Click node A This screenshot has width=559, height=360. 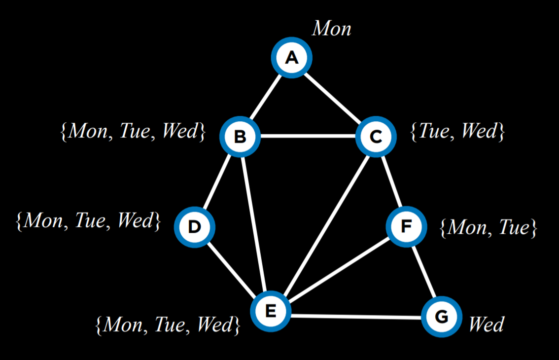tap(292, 58)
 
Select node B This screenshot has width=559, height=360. tap(240, 136)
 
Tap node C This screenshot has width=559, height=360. tap(376, 136)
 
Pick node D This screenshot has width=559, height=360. tap(195, 227)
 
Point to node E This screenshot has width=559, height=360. tap(271, 311)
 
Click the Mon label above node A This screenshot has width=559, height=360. tap(332, 29)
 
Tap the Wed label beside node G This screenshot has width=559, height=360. tap(486, 324)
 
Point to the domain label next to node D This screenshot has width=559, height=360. tap(89, 220)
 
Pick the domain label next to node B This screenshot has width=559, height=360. tap(133, 132)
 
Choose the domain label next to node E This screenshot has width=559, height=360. tap(168, 324)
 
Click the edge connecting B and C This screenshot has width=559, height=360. tap(308, 136)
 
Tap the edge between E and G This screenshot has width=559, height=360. tap(356, 316)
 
